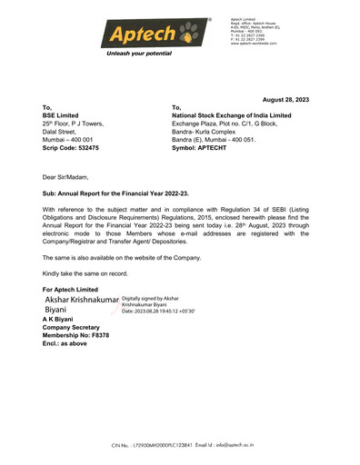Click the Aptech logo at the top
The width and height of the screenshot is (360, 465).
[x=140, y=35]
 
